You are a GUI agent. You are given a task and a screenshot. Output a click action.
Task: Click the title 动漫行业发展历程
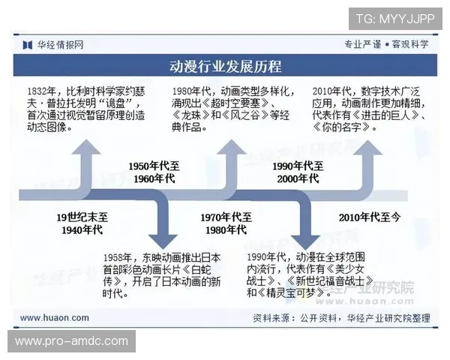coord(225,67)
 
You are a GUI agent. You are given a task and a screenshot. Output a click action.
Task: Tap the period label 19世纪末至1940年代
coord(82,223)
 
